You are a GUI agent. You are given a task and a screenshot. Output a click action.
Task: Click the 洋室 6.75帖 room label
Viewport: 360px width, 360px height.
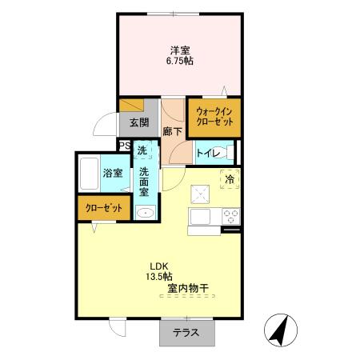[x=180, y=55]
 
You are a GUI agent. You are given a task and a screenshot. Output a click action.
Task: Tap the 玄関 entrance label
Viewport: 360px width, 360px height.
[x=139, y=122]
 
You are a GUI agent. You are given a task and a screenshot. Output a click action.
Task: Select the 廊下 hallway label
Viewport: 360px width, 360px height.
[x=173, y=131]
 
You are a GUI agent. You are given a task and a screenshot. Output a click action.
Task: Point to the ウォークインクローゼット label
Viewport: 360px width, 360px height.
[x=214, y=117]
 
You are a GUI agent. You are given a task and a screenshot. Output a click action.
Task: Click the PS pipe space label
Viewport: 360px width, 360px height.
[x=125, y=146]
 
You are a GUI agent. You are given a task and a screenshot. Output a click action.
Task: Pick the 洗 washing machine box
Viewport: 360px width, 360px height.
[x=142, y=150]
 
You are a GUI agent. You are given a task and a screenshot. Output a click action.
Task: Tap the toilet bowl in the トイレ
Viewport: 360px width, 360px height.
[x=223, y=153]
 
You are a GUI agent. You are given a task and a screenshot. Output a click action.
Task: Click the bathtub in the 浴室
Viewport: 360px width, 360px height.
[x=89, y=174]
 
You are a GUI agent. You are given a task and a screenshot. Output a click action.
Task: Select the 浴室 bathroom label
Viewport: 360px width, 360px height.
[x=113, y=174]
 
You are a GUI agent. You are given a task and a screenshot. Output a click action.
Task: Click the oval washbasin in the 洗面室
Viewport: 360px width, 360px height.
[x=145, y=213]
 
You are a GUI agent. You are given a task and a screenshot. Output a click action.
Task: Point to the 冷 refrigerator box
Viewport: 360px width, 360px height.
[x=230, y=179]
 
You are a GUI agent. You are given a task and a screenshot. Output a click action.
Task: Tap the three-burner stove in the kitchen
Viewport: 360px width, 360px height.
[x=231, y=216]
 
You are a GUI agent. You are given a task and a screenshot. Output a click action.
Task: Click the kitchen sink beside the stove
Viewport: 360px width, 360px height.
[x=200, y=216]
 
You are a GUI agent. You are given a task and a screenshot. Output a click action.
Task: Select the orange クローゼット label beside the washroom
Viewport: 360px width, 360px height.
[x=104, y=208]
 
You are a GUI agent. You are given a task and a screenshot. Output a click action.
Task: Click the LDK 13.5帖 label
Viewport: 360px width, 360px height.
[x=159, y=271]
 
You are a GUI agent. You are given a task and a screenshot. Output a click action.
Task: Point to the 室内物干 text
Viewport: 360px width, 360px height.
[x=188, y=288]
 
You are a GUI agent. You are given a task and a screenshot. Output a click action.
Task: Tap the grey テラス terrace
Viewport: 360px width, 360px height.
[x=187, y=332]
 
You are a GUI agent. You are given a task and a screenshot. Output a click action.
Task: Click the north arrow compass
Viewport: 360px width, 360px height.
[x=281, y=330]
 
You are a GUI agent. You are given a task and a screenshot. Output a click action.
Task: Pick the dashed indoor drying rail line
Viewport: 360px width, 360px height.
[x=187, y=296]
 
